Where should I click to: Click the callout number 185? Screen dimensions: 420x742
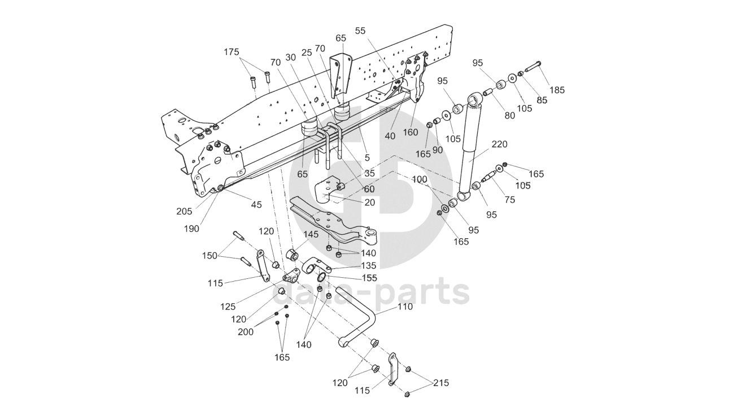pos(557,90)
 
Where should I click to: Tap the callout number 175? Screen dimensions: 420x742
pos(232,52)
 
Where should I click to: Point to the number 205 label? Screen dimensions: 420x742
pos(184,211)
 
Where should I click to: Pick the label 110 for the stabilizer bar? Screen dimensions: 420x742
pos(404,307)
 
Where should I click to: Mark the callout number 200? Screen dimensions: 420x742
pos(246,332)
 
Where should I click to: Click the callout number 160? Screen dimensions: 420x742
pos(411,132)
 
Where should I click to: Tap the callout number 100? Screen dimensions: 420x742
pos(420,180)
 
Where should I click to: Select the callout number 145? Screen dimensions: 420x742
pos(311,234)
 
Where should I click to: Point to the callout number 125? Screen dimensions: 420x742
pos(229,307)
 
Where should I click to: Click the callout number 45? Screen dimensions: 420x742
pos(256,204)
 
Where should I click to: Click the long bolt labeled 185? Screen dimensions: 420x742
pos(534,67)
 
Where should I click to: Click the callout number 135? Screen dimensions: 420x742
pos(368,265)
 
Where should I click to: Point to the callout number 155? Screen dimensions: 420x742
pos(369,278)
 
